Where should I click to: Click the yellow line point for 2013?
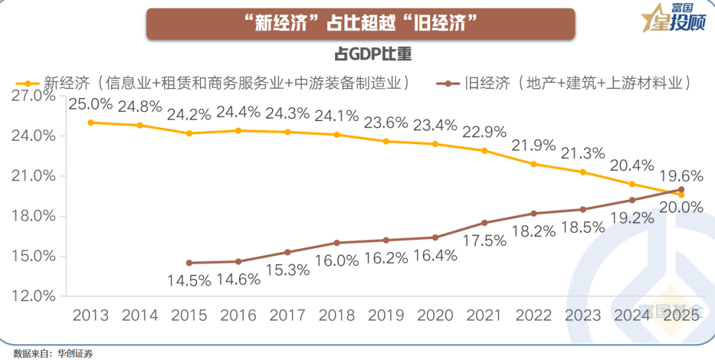tap(91, 122)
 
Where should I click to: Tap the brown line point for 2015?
tap(189, 263)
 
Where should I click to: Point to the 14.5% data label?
tap(189, 280)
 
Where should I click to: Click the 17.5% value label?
tap(485, 240)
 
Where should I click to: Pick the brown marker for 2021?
tap(485, 222)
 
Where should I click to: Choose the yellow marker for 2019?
tap(386, 141)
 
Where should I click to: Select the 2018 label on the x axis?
tap(337, 315)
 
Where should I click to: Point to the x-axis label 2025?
tap(681, 315)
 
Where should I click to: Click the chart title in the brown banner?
tap(361, 24)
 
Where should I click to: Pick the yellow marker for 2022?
tap(534, 163)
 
